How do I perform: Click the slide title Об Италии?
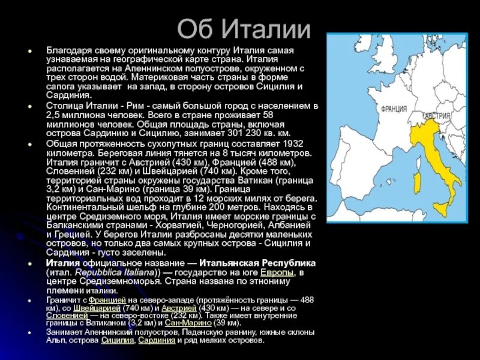244,29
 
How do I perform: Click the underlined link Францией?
108,299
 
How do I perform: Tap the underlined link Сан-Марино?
184,322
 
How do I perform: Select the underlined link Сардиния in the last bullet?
157,340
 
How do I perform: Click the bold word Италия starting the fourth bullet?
63,263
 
